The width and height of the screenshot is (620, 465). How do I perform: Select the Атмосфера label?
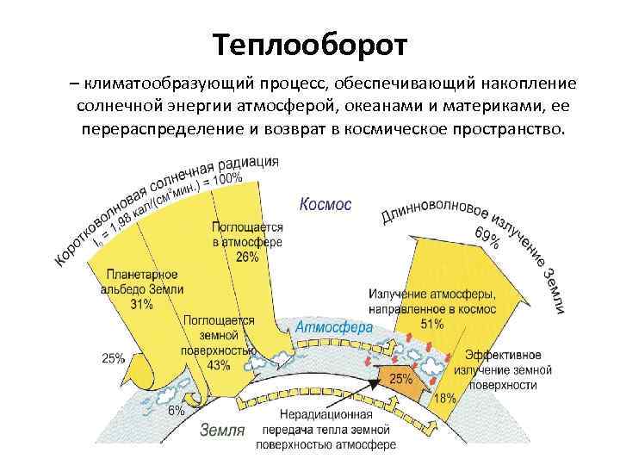point(334,327)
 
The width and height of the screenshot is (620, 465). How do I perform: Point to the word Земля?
point(222,430)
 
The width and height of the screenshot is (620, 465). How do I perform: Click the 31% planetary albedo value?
point(142,304)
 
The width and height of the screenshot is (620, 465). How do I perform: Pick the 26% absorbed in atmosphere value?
point(247,257)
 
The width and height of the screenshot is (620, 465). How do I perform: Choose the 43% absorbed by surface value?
point(218,365)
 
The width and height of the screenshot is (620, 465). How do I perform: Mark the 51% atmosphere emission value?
point(432,324)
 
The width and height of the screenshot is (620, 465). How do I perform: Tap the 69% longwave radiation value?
point(487,238)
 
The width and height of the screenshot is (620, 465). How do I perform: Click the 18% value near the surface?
point(444,398)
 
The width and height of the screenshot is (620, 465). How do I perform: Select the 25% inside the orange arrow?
point(402,378)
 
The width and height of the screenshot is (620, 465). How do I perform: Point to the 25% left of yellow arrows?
point(113,358)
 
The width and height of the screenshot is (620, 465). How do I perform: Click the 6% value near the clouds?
point(176,412)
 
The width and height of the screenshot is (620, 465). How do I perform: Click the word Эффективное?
point(503,356)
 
